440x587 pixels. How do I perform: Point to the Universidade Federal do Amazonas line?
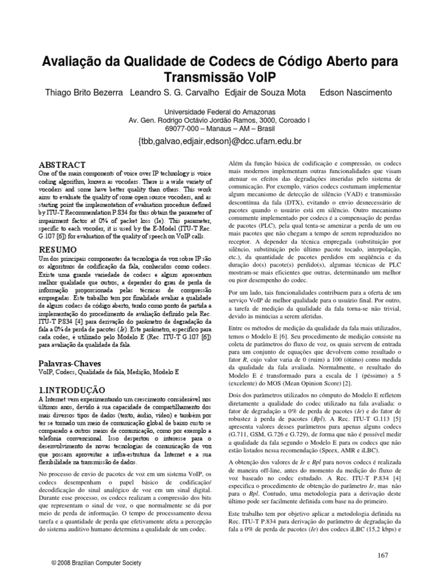click(220, 111)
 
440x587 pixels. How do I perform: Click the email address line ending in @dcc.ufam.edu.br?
click(220, 140)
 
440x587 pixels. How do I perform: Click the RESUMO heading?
click(57, 250)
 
